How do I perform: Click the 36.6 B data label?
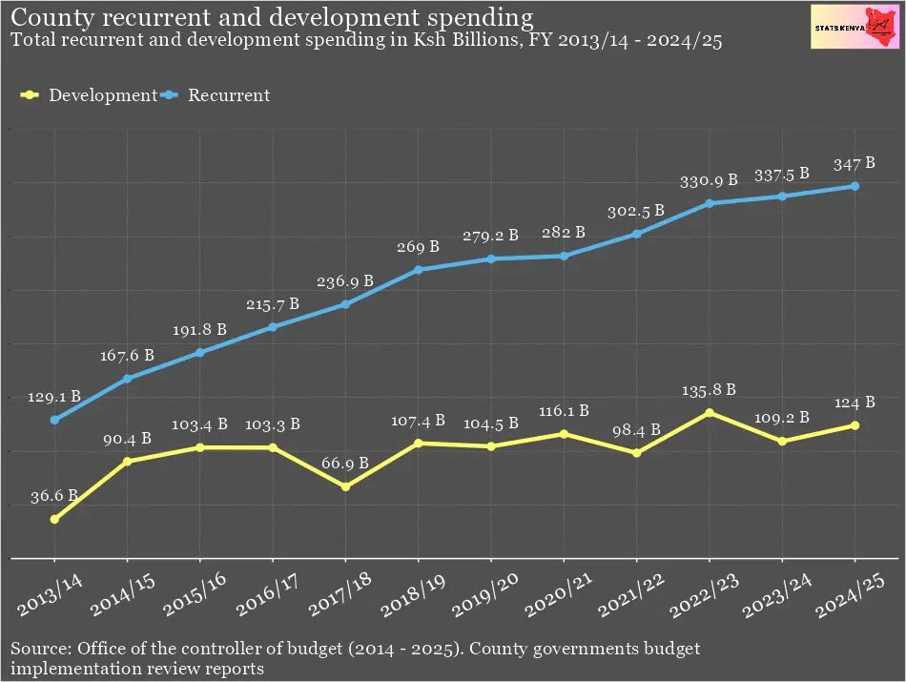pyautogui.click(x=55, y=496)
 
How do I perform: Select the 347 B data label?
pyautogui.click(x=855, y=163)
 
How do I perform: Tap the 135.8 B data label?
pyautogui.click(x=709, y=389)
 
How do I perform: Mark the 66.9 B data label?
pyautogui.click(x=345, y=464)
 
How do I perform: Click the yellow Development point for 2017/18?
pyautogui.click(x=345, y=486)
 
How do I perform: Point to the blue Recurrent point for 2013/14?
pyautogui.click(x=54, y=420)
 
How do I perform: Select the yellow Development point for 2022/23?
pyautogui.click(x=709, y=412)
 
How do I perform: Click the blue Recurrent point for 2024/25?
pyautogui.click(x=855, y=186)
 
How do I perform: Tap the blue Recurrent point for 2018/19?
pyautogui.click(x=418, y=270)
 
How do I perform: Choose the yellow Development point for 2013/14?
pyautogui.click(x=54, y=519)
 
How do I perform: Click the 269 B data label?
pyautogui.click(x=418, y=247)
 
